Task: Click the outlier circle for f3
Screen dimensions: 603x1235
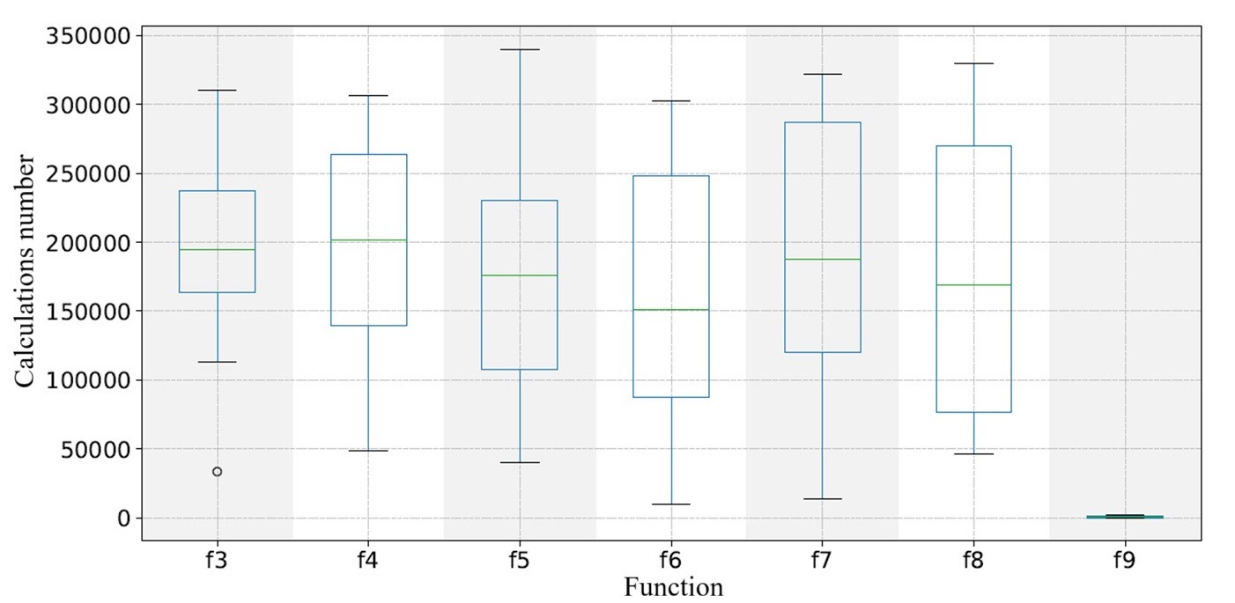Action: (217, 472)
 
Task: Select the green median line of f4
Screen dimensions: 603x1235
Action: (368, 239)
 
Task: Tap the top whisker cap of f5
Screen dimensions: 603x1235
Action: (520, 49)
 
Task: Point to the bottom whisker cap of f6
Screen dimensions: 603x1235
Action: (671, 504)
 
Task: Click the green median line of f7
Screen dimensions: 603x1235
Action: (823, 259)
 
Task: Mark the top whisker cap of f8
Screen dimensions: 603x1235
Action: (973, 63)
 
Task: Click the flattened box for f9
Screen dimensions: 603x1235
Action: (1125, 517)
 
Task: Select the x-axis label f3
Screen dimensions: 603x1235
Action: (217, 560)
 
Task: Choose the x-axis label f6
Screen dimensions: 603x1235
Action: (671, 560)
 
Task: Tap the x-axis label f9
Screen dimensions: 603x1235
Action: (1125, 560)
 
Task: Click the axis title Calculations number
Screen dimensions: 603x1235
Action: (26, 271)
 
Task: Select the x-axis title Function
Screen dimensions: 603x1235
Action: (673, 586)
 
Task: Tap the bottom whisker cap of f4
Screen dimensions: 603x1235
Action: (368, 451)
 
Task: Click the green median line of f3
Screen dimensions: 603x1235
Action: (217, 250)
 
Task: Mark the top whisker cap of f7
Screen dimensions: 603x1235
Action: (823, 74)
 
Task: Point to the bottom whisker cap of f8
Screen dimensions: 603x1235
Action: (973, 453)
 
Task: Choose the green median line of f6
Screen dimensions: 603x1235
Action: (671, 310)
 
